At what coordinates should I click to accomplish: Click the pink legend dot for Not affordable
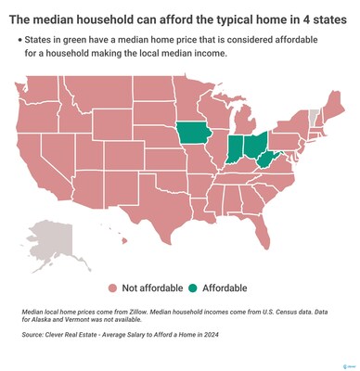(x=112, y=288)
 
